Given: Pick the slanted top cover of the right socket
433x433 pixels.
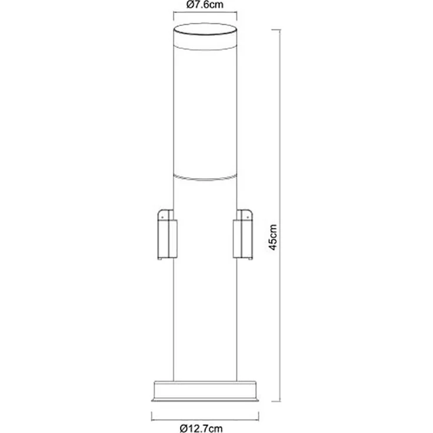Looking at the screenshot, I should click(x=242, y=212).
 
